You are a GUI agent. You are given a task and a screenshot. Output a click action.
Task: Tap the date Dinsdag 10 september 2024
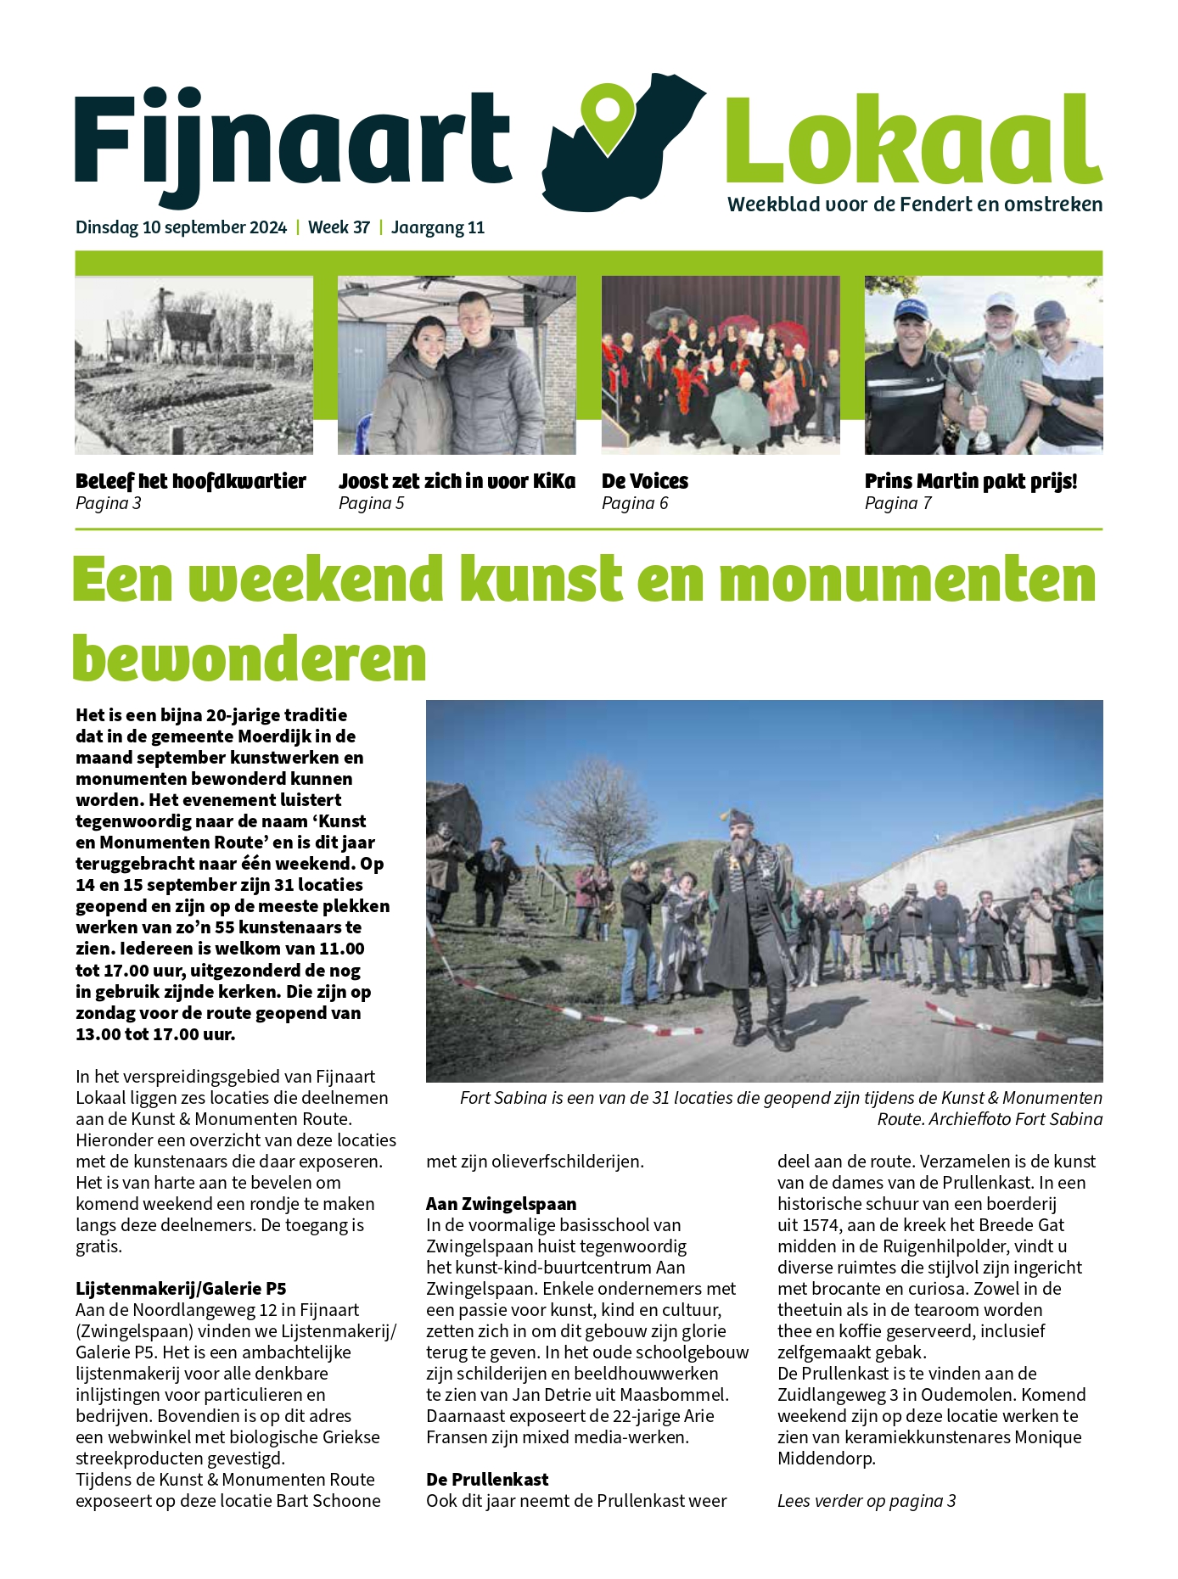[x=181, y=227]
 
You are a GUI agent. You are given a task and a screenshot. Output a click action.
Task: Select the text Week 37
[x=339, y=227]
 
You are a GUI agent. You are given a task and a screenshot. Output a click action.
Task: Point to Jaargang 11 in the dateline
[x=437, y=227]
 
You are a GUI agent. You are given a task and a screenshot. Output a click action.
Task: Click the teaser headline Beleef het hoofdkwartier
[x=191, y=481]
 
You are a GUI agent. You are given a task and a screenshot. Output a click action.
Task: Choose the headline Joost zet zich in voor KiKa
[x=457, y=481]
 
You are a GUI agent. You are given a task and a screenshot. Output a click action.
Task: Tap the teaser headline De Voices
[x=645, y=481]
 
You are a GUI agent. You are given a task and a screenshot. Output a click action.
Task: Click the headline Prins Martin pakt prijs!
[x=971, y=481]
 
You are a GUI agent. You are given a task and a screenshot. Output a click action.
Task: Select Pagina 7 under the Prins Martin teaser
[x=898, y=503]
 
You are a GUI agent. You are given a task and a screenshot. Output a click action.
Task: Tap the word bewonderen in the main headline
[x=250, y=659]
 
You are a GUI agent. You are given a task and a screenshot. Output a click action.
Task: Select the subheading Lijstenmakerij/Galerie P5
[x=181, y=1289]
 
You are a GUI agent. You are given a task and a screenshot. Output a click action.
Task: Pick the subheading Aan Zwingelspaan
[x=501, y=1204]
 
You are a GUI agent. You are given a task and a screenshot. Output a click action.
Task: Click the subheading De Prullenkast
[x=487, y=1480]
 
